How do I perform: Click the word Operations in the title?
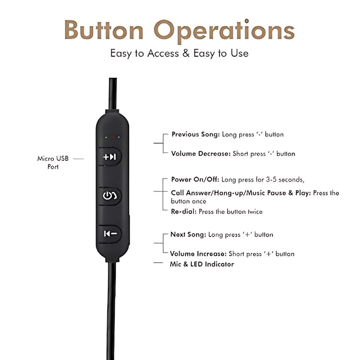point(224,30)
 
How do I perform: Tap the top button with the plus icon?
point(110,157)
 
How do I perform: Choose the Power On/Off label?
point(195,180)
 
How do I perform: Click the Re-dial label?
point(183,211)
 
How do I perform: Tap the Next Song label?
point(188,234)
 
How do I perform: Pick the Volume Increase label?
point(198,254)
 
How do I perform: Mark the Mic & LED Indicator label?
point(202,264)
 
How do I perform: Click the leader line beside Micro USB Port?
point(78,159)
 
